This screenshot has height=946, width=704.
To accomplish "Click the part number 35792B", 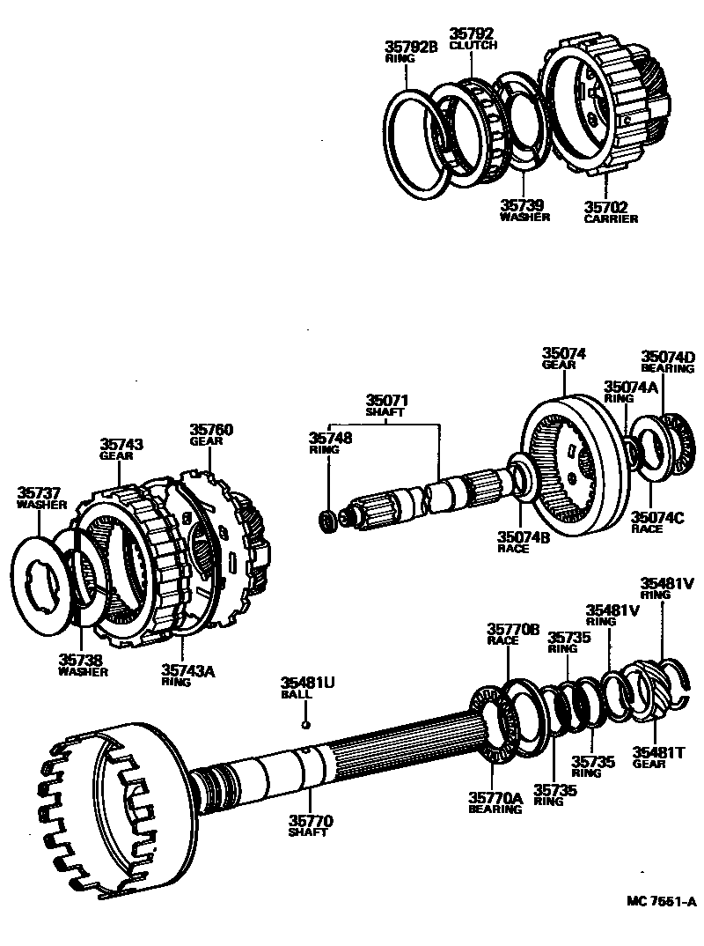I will (411, 47).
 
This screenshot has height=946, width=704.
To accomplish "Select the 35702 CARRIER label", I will (610, 211).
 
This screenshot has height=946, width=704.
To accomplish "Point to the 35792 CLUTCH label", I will (473, 39).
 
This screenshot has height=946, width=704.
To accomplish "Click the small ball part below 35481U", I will (304, 724).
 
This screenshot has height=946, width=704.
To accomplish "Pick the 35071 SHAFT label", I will (387, 405).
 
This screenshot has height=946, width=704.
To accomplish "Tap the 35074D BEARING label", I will (667, 362).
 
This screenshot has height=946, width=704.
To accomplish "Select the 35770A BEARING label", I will (495, 802).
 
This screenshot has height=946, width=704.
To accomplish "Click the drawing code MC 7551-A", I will (661, 901).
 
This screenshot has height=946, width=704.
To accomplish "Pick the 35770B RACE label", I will (512, 634).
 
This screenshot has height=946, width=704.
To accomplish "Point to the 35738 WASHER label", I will (83, 664).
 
